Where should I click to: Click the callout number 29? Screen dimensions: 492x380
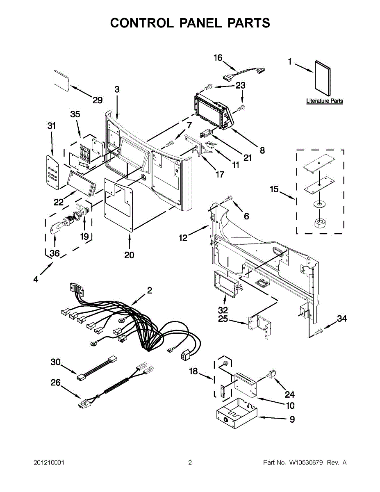click(97, 100)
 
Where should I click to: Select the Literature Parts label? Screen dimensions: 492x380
click(324, 101)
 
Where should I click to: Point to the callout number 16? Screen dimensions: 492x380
click(218, 58)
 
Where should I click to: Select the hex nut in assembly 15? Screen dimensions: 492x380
click(319, 223)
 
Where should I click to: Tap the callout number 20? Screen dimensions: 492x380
click(129, 255)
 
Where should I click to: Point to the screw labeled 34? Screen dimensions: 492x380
click(317, 333)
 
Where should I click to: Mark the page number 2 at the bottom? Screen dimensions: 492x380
click(190, 463)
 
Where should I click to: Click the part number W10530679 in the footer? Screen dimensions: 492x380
click(307, 463)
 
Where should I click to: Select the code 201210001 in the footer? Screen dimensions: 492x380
click(49, 463)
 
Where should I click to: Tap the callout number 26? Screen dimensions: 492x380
click(55, 383)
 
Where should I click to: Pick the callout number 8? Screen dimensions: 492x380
click(262, 150)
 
